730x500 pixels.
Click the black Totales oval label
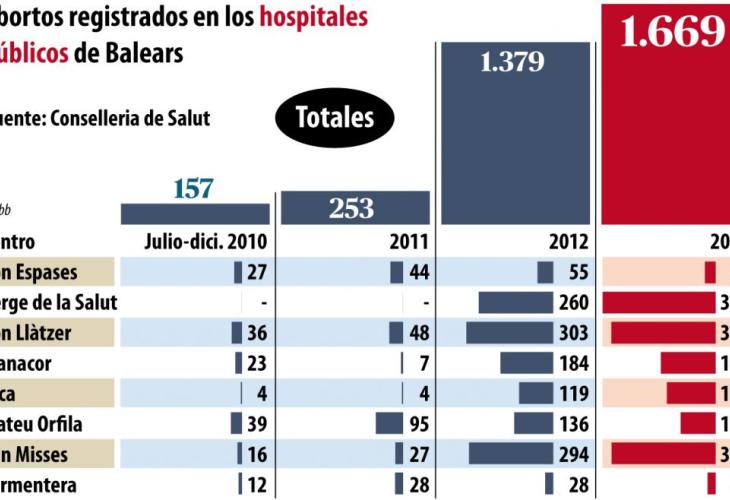[x=334, y=118]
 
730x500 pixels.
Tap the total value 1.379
[x=511, y=62]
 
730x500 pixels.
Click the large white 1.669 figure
[x=672, y=32]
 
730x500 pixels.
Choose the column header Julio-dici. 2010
[x=206, y=242]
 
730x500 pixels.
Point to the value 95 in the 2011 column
[x=419, y=424]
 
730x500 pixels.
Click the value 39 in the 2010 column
[x=256, y=424]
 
